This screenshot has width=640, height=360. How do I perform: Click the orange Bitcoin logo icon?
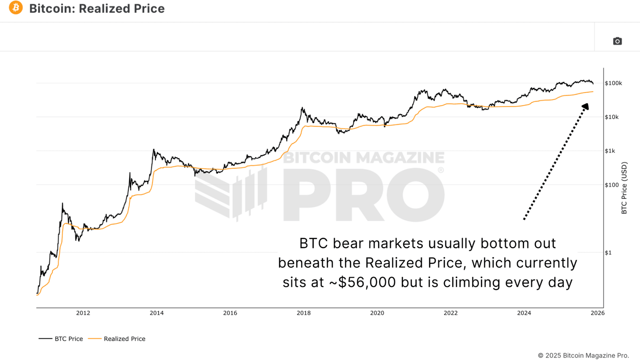[16, 8]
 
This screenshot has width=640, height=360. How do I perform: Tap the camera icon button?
[617, 41]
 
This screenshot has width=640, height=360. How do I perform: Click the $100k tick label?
[613, 83]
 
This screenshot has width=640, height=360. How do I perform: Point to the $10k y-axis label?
[612, 117]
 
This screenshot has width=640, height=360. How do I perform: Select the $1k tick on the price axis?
[610, 151]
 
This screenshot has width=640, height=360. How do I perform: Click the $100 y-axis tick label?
[612, 185]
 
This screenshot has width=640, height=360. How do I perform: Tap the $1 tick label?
[608, 252]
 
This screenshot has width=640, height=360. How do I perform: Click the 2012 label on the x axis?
[83, 313]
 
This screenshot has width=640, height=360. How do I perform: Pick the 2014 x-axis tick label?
[156, 313]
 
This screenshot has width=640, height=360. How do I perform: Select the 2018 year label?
[304, 313]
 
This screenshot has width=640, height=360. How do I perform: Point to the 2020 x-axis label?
[377, 313]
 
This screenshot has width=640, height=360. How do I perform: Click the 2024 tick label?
[524, 313]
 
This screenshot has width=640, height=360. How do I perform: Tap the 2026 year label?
[598, 313]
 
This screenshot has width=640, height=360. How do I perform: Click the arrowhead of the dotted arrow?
[586, 106]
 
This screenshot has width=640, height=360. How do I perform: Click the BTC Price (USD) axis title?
[624, 188]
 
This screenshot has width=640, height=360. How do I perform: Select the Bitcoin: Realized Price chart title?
[97, 8]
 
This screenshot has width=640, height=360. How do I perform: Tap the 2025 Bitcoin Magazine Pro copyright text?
[583, 355]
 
